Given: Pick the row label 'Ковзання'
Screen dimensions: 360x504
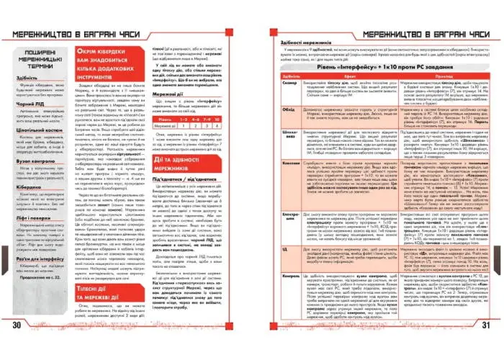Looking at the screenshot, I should (283, 184).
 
